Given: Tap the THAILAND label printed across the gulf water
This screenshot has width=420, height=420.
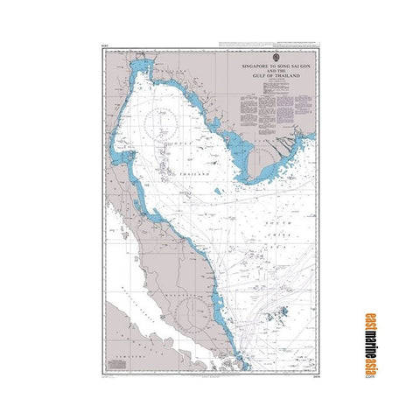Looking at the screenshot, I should pos(196,175).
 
